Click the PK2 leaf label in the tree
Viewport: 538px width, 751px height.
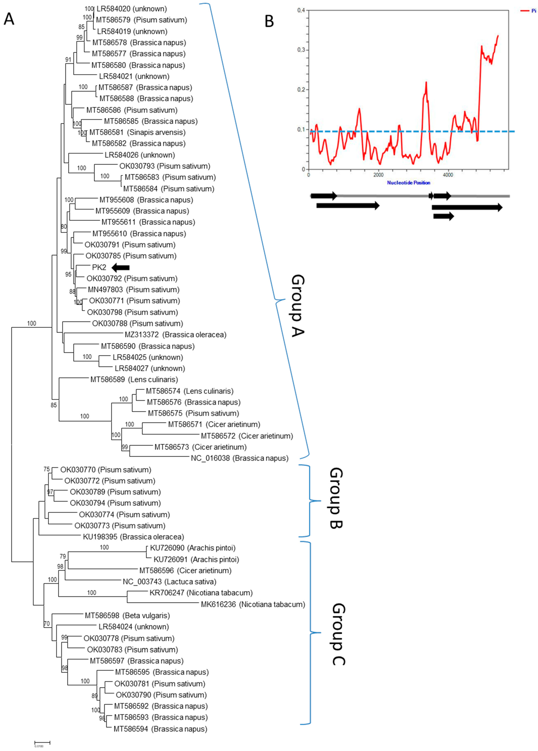click(99, 268)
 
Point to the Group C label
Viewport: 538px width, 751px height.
click(338, 634)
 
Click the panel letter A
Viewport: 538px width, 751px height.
click(9, 19)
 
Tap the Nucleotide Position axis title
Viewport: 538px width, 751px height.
click(409, 182)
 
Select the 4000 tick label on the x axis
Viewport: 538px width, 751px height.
click(448, 175)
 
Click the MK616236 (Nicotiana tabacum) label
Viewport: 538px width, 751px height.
click(253, 604)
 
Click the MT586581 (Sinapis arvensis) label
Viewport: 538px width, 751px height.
click(137, 132)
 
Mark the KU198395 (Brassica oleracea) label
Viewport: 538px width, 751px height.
click(133, 537)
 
